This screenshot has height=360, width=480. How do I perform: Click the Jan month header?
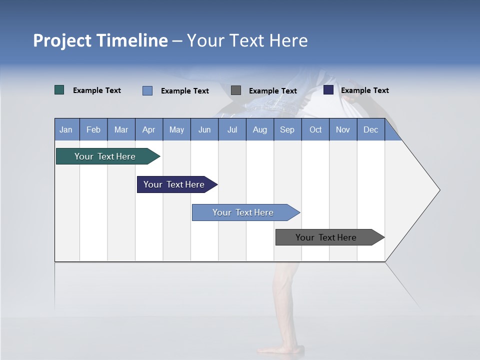(66, 129)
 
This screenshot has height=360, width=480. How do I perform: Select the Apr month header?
(148, 129)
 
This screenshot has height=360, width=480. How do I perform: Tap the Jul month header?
(232, 129)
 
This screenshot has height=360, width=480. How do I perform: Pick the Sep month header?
(287, 129)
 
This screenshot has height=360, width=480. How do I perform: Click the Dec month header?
(370, 129)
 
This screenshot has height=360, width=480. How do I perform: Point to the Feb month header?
(93, 129)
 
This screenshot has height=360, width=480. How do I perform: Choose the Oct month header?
(315, 129)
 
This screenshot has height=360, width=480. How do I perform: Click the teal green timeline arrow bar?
(105, 156)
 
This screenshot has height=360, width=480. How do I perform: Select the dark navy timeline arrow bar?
(174, 184)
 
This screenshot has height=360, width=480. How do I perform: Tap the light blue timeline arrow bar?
(243, 212)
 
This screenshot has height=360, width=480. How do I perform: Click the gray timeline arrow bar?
(326, 237)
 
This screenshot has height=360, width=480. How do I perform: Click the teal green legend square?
(59, 90)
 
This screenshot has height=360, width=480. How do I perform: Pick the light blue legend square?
(147, 90)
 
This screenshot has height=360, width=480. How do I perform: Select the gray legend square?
(236, 90)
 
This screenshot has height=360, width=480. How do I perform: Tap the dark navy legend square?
(328, 90)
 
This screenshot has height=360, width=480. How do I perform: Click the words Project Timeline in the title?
(100, 40)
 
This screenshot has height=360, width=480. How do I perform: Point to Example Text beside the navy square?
(364, 90)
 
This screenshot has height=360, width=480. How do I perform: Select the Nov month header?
(343, 129)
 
